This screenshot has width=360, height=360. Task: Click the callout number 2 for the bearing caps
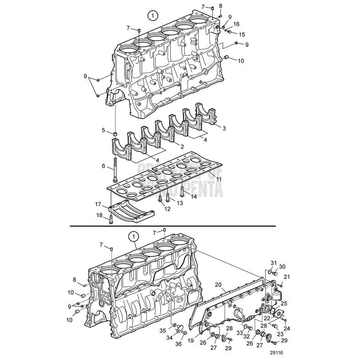(182, 146)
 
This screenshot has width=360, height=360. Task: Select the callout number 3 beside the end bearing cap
(224, 128)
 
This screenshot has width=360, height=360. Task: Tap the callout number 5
(104, 130)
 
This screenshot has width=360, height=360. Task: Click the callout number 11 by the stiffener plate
(219, 179)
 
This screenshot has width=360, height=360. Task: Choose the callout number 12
(167, 209)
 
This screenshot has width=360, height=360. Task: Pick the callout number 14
(194, 197)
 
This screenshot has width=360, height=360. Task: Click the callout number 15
(242, 35)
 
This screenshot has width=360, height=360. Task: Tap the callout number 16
(236, 24)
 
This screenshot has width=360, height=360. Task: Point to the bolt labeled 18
(111, 222)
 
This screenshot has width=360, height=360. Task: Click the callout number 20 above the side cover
(218, 285)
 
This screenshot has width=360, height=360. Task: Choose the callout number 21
(286, 277)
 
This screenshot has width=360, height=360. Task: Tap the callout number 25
(284, 303)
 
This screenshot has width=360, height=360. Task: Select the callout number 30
(282, 267)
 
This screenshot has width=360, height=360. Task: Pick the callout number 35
(163, 330)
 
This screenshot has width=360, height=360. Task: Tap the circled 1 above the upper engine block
(152, 16)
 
